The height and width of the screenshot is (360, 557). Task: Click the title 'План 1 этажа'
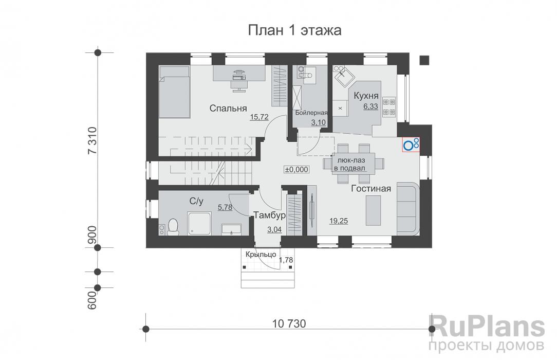(x=295, y=30)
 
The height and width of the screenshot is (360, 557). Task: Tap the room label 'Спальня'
(x=228, y=109)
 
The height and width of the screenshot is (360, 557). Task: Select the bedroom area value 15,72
(x=260, y=117)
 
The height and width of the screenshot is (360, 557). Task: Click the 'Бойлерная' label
(x=311, y=113)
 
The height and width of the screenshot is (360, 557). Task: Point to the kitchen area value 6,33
(x=370, y=106)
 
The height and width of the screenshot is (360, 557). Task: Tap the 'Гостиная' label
(x=371, y=189)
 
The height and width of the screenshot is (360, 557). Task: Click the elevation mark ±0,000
(x=296, y=169)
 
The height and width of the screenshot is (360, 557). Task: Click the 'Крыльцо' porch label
(x=261, y=255)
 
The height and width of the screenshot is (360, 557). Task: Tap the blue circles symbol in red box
(x=411, y=145)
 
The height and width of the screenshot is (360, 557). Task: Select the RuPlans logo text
(x=486, y=327)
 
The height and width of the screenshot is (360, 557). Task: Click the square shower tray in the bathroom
(x=198, y=224)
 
